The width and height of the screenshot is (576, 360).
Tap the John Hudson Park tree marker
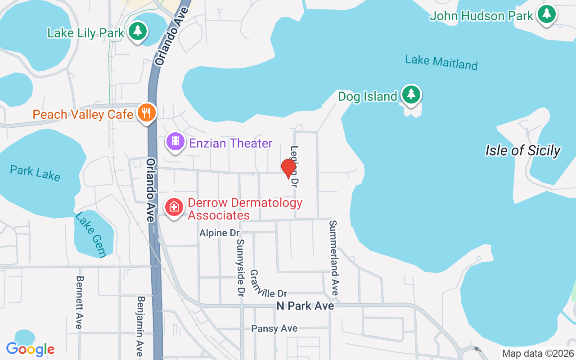547,14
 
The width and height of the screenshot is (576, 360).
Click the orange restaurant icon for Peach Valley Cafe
146,112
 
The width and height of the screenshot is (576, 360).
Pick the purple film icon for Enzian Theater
175,142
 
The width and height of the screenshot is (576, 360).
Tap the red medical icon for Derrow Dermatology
174,207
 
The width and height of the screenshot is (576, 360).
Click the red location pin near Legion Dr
288,169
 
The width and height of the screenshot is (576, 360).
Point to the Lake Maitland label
441,62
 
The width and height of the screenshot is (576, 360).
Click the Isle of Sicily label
523,150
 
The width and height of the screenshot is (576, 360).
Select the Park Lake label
35,172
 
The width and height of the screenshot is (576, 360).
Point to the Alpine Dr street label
220,233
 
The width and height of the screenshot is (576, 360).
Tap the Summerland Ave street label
333,257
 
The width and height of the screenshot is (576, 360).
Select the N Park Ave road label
305,306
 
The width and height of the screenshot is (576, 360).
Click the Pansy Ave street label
274,328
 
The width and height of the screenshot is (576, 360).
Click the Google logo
30,349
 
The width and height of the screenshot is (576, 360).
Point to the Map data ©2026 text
538,353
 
